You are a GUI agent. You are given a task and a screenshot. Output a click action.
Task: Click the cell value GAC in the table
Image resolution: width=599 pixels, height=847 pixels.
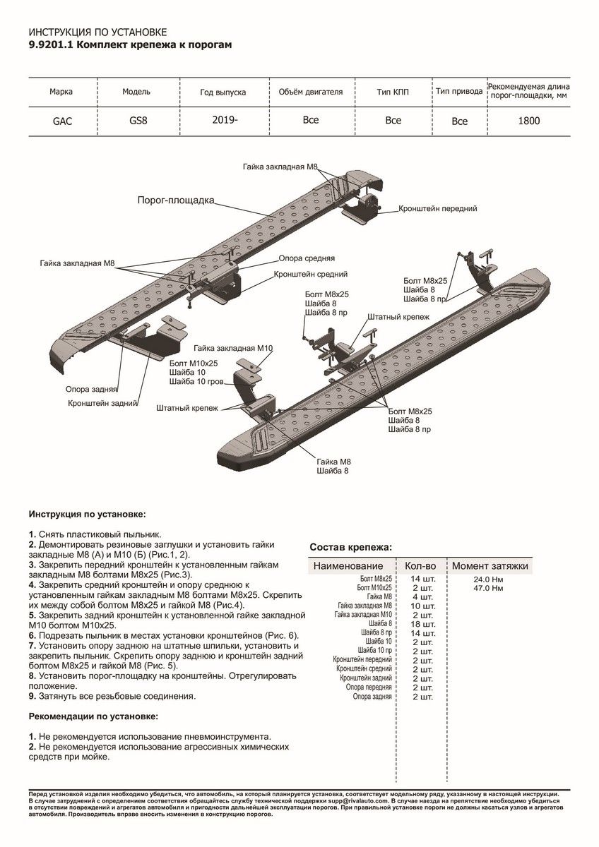coord(62,121)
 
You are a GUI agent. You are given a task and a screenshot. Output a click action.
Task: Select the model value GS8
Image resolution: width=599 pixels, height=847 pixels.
coord(138,120)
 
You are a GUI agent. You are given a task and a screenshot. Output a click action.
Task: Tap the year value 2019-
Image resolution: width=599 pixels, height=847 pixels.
coord(225,119)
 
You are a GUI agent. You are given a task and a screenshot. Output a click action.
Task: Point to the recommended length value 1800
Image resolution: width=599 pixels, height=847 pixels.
coord(528,121)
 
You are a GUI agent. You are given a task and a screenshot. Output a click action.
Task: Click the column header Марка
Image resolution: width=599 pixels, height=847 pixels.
coord(61,92)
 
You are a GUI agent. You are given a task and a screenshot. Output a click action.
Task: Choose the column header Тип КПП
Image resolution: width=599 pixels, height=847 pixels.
coord(393,92)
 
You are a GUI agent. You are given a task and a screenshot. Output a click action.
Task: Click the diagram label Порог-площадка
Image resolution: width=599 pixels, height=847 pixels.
coord(175,200)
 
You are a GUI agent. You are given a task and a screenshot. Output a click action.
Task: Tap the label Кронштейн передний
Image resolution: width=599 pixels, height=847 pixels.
coord(437,209)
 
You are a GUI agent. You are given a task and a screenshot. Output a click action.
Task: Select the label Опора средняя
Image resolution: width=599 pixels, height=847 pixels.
coord(307,258)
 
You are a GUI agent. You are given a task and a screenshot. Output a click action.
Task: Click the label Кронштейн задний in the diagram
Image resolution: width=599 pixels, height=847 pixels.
coord(101,404)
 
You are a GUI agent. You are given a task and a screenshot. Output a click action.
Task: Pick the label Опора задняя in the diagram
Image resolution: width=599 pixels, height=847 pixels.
coord(91,389)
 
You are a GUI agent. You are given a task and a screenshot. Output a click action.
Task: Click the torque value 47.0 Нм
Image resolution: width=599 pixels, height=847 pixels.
coord(489,588)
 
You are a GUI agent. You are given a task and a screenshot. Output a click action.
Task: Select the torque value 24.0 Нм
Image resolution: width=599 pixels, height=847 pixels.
coord(489,579)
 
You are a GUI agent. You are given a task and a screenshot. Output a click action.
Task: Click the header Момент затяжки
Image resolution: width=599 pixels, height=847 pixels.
coord(490,566)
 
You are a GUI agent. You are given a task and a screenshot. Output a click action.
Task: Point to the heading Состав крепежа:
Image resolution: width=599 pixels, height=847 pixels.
coord(351,547)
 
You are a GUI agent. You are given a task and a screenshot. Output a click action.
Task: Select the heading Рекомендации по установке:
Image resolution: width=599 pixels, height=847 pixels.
coord(93,716)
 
